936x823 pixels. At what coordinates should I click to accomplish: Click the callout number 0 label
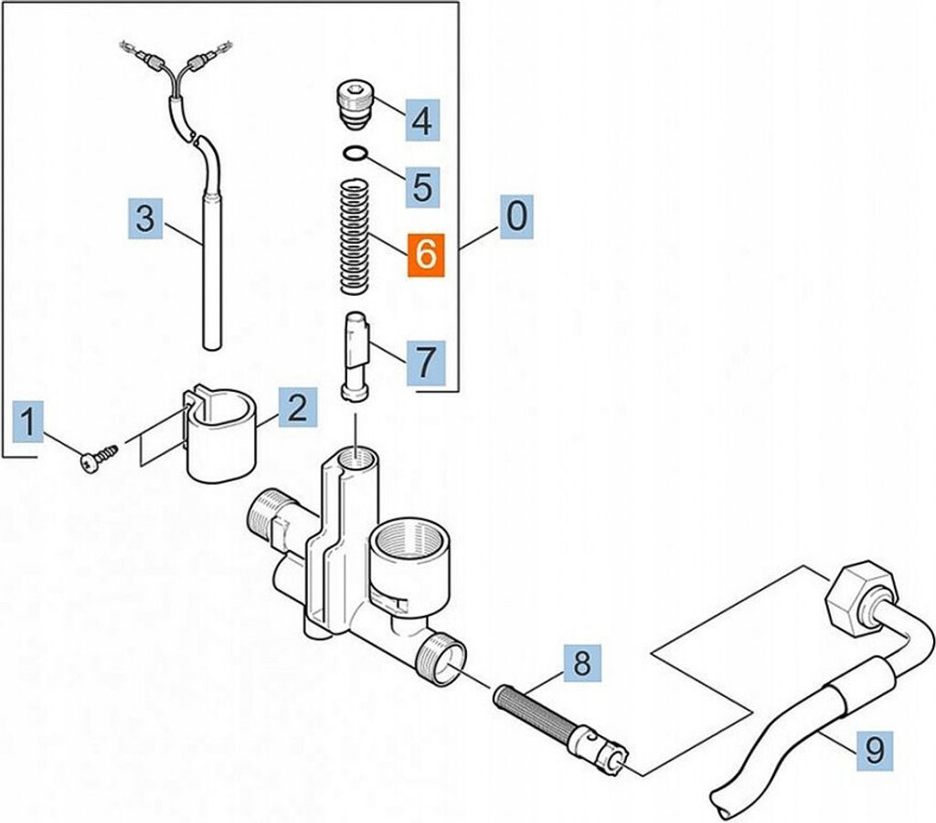tap(516, 216)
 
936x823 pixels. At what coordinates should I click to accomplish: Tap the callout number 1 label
tap(28, 422)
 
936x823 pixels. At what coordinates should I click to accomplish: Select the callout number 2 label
tap(298, 408)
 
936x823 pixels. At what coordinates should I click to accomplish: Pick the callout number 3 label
tap(145, 219)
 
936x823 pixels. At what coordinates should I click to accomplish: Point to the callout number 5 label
tap(423, 186)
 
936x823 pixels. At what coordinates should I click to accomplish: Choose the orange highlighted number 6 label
tap(426, 255)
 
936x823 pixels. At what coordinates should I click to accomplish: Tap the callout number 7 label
tap(425, 362)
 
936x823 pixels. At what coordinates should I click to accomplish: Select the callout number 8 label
tap(582, 663)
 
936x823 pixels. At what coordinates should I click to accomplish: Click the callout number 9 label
tap(875, 750)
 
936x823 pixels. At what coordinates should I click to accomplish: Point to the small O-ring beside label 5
tap(356, 153)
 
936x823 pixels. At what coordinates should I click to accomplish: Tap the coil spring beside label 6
tap(356, 237)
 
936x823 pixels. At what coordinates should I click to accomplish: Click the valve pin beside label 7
tap(356, 355)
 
